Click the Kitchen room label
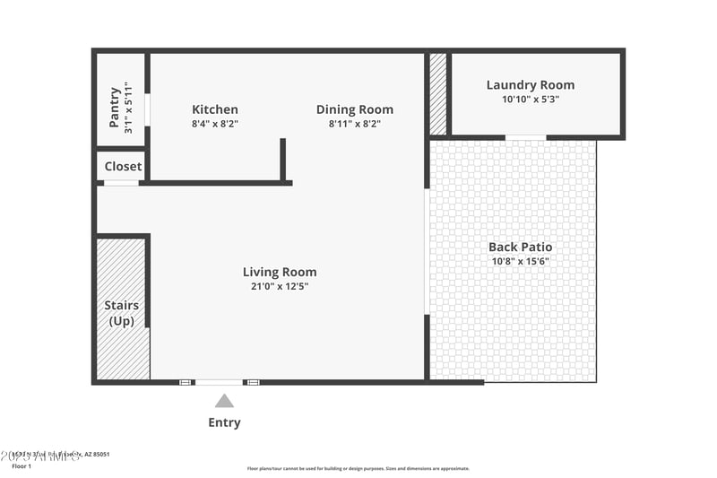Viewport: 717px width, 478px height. click(x=214, y=109)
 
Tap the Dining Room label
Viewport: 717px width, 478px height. click(x=354, y=109)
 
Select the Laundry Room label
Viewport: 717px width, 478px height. click(x=531, y=85)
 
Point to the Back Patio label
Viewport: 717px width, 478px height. click(x=520, y=247)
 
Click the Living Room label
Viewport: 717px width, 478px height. click(x=280, y=272)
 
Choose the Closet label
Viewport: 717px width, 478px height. click(x=123, y=166)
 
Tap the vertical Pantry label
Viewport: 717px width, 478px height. click(x=115, y=107)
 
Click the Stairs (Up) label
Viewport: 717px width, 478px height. click(x=122, y=313)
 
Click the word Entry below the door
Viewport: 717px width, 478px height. click(x=224, y=422)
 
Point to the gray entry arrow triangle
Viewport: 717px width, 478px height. click(x=224, y=402)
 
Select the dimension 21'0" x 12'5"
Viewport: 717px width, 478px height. click(x=280, y=287)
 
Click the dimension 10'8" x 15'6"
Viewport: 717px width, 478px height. click(x=520, y=262)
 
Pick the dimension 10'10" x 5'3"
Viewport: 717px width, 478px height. click(x=531, y=100)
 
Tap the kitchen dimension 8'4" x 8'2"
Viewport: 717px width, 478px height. click(x=214, y=124)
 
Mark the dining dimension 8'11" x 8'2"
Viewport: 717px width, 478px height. click(x=354, y=124)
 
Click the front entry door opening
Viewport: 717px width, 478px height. click(x=219, y=382)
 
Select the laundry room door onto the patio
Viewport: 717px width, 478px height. click(x=525, y=137)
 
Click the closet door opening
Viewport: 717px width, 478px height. click(x=121, y=183)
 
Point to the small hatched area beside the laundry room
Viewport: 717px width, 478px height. click(x=438, y=94)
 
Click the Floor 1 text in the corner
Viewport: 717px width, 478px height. click(x=22, y=466)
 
